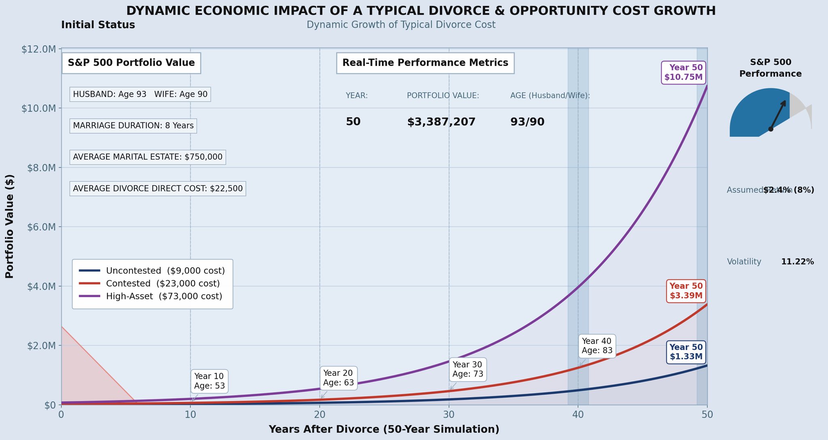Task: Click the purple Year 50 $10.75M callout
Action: (683, 72)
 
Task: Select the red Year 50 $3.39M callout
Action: (686, 291)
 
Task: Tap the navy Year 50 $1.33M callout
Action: (686, 352)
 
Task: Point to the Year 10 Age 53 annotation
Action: (209, 381)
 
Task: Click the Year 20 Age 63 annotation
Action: (338, 378)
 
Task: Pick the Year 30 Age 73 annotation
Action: (467, 369)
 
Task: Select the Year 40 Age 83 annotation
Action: (597, 346)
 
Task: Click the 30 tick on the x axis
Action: (449, 415)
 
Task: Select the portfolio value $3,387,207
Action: (441, 122)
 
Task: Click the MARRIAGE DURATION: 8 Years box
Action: (133, 126)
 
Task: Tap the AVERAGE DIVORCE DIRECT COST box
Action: (158, 189)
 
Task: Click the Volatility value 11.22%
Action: (797, 262)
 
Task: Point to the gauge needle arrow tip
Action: (785, 101)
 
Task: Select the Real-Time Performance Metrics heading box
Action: (425, 63)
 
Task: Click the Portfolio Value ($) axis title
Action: (10, 226)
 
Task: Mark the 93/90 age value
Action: (527, 122)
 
